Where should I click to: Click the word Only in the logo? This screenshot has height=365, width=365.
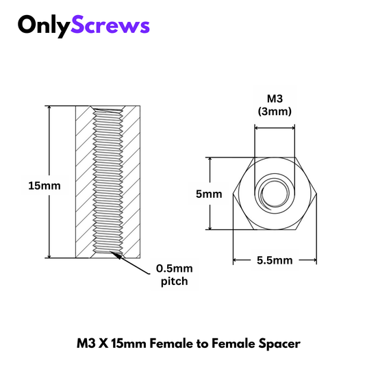[x=44, y=26]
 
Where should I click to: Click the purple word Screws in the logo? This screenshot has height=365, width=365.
[x=110, y=25]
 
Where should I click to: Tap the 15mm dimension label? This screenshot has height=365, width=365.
[x=45, y=186]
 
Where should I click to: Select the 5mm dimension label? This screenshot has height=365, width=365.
[x=209, y=194]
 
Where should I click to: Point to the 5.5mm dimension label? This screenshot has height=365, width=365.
[x=275, y=260]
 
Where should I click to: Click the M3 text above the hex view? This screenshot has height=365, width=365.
[x=275, y=99]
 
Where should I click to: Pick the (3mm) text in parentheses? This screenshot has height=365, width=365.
[x=275, y=111]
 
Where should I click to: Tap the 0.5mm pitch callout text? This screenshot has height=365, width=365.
[x=175, y=275]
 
